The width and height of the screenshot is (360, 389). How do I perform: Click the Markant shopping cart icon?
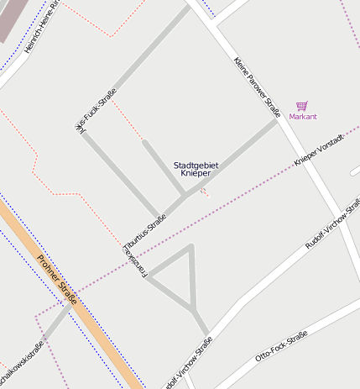302,106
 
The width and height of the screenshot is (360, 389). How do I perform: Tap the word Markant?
303,117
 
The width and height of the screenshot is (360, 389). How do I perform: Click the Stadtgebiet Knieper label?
196,169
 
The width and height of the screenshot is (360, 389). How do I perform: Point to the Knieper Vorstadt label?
319,149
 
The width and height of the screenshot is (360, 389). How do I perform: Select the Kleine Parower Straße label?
257,84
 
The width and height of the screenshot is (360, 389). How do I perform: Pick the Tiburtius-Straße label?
144,231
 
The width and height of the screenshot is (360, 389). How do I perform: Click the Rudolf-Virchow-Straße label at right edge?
334,223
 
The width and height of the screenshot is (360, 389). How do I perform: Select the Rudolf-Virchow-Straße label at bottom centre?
188,362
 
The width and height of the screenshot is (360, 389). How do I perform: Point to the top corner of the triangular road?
192,246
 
